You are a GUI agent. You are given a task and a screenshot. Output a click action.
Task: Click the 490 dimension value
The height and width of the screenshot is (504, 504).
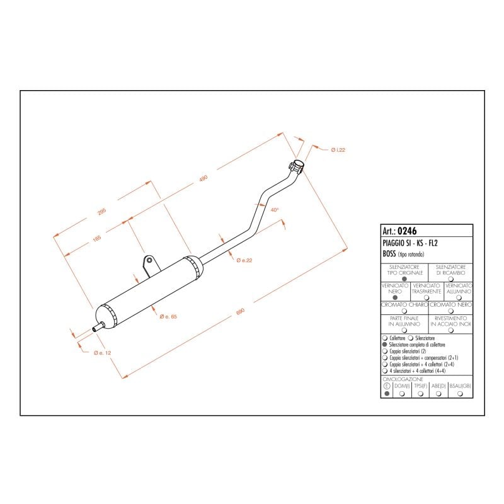[203, 179]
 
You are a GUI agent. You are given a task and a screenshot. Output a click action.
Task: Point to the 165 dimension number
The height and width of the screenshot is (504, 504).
[97, 238]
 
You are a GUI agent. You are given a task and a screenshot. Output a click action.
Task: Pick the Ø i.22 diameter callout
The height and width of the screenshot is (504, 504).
[338, 149]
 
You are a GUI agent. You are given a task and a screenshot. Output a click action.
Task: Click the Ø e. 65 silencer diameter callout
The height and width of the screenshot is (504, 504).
[168, 316]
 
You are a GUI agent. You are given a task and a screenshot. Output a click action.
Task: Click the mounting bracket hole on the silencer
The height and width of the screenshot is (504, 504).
[149, 259]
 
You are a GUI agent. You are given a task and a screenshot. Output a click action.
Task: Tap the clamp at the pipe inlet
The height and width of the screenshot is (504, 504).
[296, 166]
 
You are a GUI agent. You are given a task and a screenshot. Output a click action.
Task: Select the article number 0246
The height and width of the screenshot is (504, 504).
[408, 231]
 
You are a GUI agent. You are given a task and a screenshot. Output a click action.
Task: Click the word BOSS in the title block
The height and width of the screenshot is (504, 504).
[389, 253]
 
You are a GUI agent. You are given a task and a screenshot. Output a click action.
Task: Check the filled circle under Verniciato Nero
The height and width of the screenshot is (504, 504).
[395, 298]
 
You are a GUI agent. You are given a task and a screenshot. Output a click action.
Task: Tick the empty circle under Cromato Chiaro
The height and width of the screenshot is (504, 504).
[404, 311]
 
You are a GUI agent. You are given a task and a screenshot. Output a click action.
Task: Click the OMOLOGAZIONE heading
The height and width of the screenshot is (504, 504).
[403, 379]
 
